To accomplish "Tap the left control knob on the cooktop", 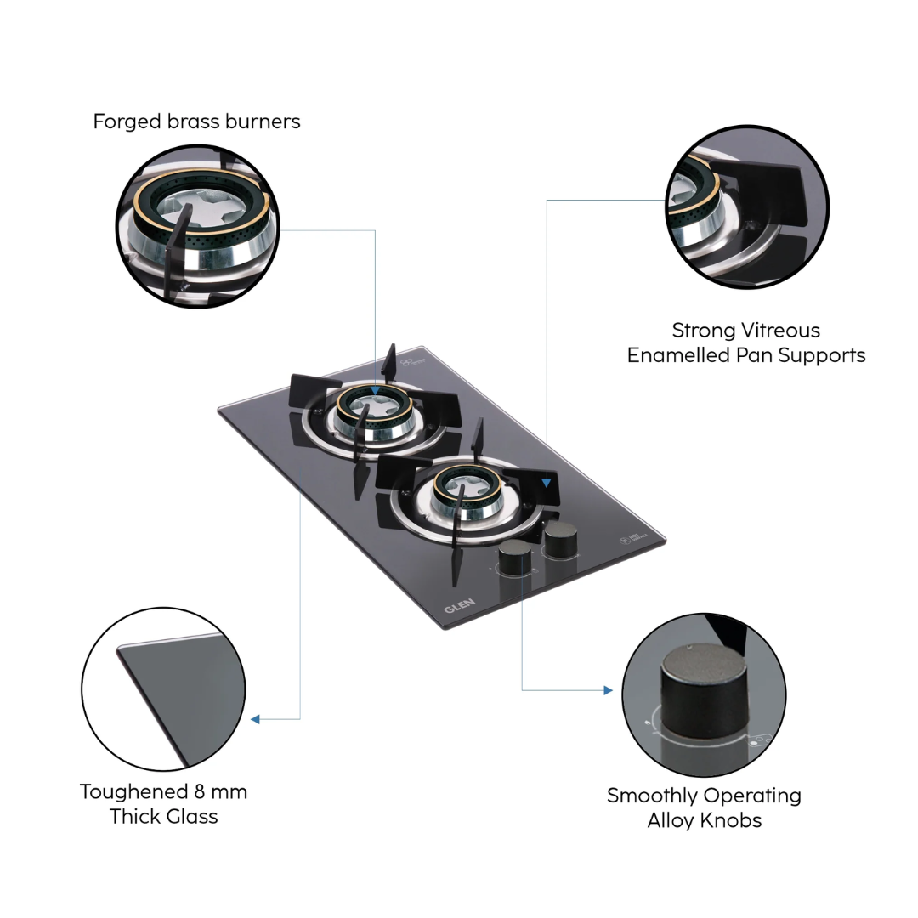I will pyautogui.click(x=514, y=559).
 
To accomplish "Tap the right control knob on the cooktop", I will pyautogui.click(x=560, y=539).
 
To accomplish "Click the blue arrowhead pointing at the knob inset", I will pyautogui.click(x=607, y=690).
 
